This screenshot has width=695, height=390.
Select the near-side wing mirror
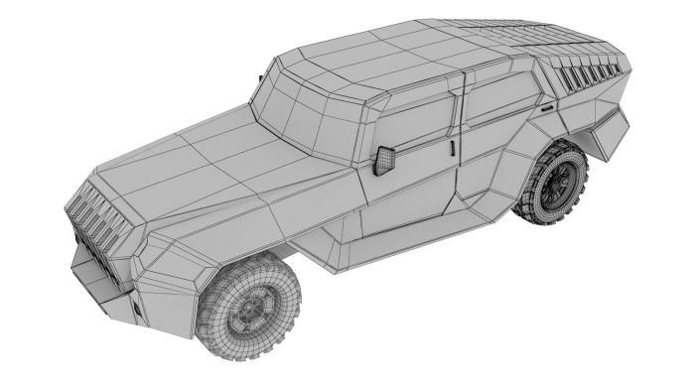click(x=384, y=160)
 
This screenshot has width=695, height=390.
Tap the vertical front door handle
click(x=453, y=148)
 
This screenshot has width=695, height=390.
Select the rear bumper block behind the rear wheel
click(x=608, y=134)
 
